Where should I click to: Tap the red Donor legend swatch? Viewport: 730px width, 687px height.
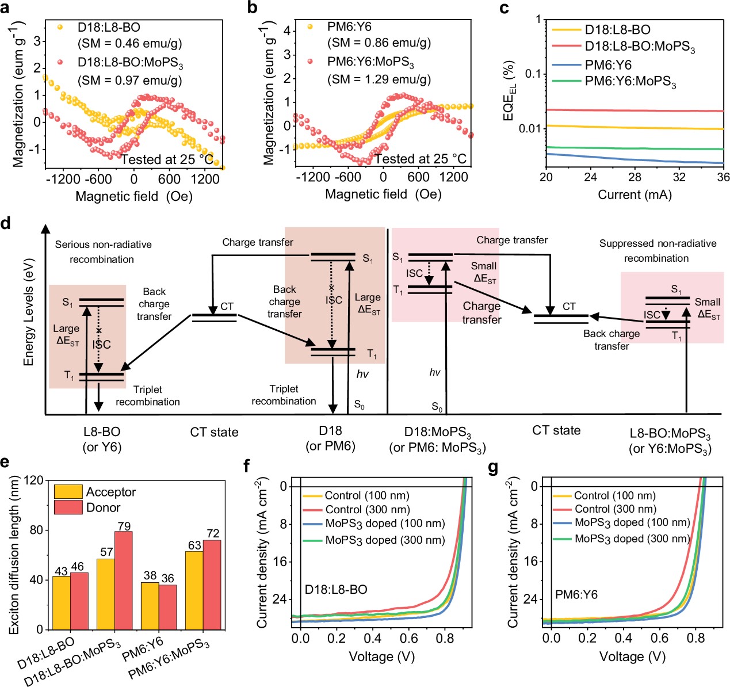[68, 507]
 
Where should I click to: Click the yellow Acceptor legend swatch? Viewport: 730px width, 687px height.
[68, 492]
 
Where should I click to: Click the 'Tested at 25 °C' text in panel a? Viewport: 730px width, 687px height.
[167, 159]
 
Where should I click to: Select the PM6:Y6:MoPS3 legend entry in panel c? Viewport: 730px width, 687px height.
[630, 82]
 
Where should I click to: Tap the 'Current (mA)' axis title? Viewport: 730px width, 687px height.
[635, 194]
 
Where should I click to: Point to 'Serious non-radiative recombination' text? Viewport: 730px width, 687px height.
[103, 252]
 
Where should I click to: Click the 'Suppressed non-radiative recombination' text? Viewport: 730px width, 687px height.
[658, 251]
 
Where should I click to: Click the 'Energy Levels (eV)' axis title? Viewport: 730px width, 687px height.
[28, 312]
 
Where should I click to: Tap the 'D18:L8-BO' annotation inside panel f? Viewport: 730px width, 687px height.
[336, 590]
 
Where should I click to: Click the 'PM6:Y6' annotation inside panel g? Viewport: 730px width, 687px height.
[576, 594]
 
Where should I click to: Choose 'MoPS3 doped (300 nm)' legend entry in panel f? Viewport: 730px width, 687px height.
[385, 540]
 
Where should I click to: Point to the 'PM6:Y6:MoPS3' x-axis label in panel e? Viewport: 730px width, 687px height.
[170, 659]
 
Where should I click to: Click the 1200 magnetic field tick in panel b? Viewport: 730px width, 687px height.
[454, 177]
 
